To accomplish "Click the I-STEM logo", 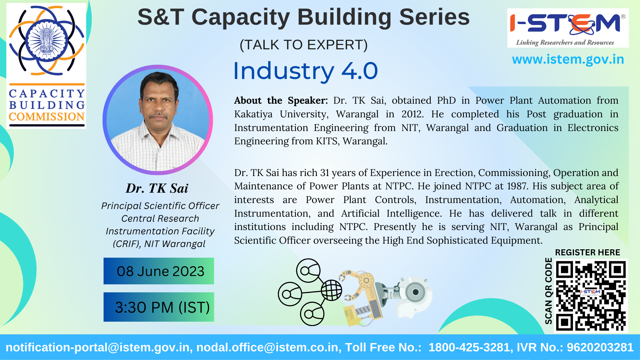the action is coord(568,28).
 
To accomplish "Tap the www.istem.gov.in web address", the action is coord(568,59).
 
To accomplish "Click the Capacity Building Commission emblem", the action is coord(46,66).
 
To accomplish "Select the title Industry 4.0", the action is coord(305,71).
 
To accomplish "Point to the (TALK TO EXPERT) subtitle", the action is coord(304,45).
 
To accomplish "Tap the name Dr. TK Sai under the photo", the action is coord(157,188).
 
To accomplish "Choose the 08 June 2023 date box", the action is coord(159,271).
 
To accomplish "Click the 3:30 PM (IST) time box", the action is coord(159,307).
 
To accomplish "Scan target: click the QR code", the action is coord(591,296).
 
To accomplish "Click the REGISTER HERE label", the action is coord(587,252).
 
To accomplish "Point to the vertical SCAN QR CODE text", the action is coord(548,291).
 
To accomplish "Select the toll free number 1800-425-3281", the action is coord(469,347).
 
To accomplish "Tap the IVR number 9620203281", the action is coord(600,347).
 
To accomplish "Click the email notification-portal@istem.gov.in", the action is coord(98,347).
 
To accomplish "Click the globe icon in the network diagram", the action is coord(331,290).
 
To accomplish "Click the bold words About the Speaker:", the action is coord(281,100).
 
